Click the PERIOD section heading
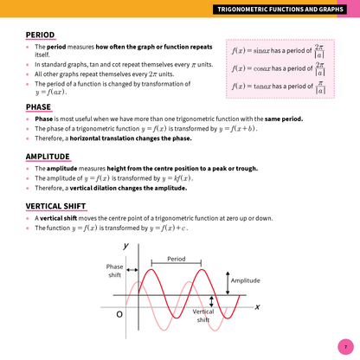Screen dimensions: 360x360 point(40,35)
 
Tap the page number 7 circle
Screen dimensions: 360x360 point(344,344)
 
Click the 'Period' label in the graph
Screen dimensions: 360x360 point(177,259)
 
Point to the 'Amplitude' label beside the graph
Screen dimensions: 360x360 point(246,280)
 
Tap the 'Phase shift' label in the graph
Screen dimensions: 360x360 point(114,271)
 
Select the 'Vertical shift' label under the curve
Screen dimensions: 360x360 point(203,315)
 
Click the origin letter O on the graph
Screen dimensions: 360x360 point(119,313)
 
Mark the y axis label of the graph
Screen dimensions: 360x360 point(126,247)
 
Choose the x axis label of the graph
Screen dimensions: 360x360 point(257,307)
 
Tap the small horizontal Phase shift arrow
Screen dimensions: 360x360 point(132,285)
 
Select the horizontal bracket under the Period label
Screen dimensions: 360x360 point(177,265)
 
